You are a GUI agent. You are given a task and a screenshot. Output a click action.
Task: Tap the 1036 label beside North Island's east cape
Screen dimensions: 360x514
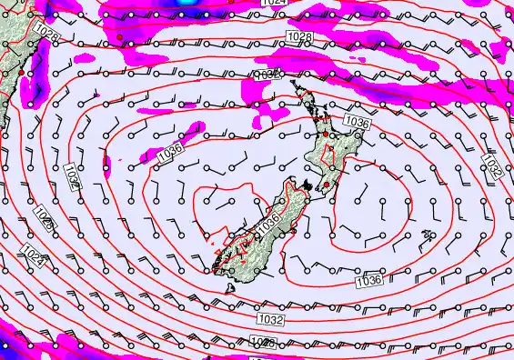[x=357, y=121]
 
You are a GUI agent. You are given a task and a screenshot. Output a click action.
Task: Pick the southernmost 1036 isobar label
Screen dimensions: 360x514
[x=368, y=281]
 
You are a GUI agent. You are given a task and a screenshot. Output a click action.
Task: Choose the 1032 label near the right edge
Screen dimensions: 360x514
[x=492, y=166]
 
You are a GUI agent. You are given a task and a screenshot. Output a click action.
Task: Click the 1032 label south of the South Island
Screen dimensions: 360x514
[x=270, y=320]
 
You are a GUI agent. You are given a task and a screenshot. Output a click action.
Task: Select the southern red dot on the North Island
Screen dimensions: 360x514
[x=327, y=171]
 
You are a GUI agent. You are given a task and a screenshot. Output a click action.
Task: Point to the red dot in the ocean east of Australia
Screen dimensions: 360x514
[x=119, y=36]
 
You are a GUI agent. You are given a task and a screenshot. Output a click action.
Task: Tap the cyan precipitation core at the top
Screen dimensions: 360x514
[x=186, y=2]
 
